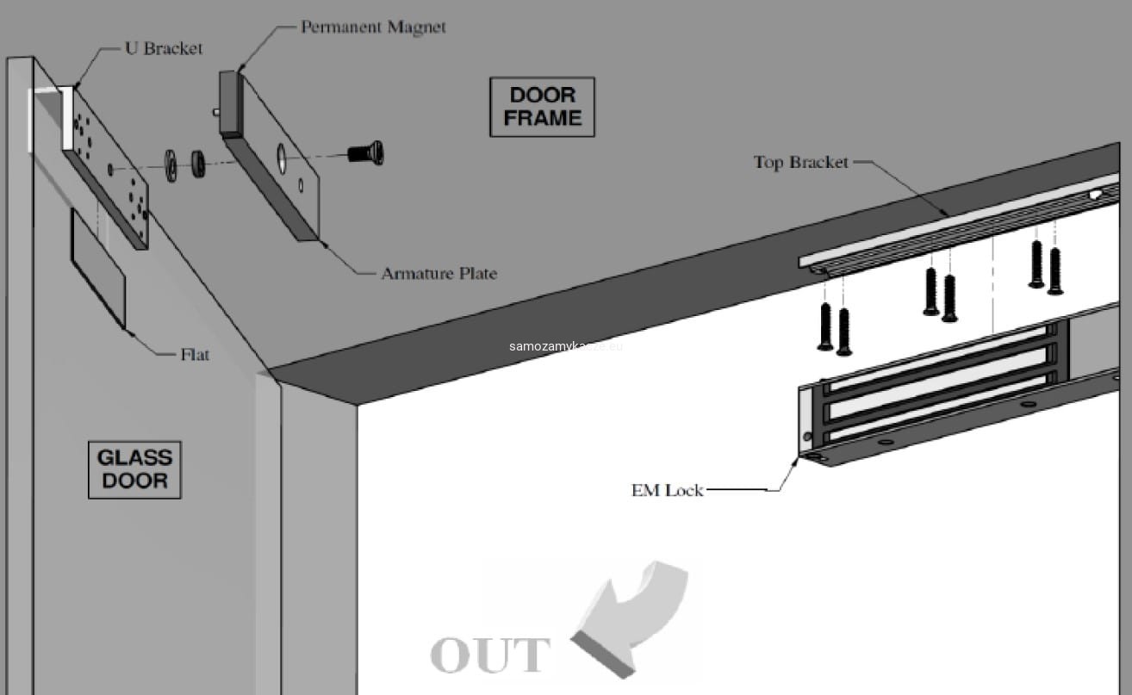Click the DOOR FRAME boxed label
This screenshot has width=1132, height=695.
[x=542, y=107]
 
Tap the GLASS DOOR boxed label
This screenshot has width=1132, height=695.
[x=134, y=469]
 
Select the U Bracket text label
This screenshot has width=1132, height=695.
[x=164, y=48]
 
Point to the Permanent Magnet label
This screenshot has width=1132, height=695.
[x=373, y=27]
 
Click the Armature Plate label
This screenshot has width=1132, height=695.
[x=438, y=273]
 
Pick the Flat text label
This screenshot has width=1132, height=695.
[x=195, y=354]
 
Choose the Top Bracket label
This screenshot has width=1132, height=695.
[x=800, y=162]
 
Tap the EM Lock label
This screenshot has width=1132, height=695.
[x=667, y=490]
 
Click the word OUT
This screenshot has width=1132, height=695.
[x=490, y=655]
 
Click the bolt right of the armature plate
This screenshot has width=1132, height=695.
[x=366, y=154]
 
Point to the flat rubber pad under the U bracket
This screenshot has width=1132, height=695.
[x=97, y=266]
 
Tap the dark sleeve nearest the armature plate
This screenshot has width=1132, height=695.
[x=198, y=163]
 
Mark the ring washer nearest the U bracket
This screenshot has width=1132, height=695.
[x=171, y=164]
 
